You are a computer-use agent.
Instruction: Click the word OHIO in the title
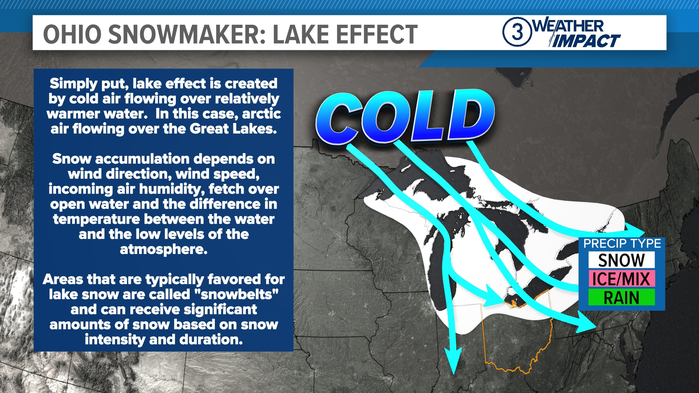[72, 35]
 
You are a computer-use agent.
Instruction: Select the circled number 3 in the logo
[517, 32]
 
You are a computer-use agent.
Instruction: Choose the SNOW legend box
[621, 260]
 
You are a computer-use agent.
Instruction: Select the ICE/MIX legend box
[621, 279]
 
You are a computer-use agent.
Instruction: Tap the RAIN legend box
[621, 297]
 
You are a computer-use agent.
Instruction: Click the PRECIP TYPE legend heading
[622, 243]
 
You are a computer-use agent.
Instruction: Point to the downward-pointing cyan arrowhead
[454, 361]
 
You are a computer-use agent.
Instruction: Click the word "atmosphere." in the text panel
[163, 249]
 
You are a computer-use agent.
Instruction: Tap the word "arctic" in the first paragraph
[261, 114]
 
